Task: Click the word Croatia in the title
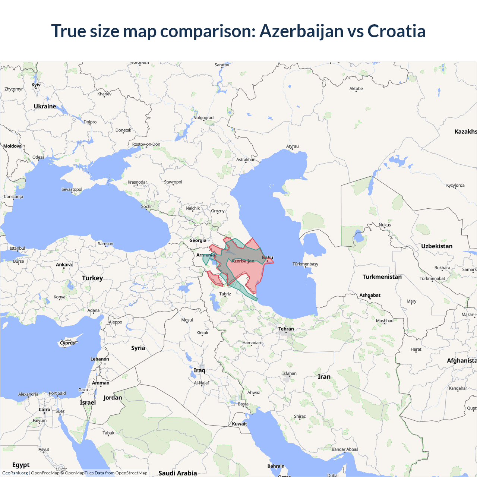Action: pyautogui.click(x=396, y=31)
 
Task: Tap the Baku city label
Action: pyautogui.click(x=268, y=258)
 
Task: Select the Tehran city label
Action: pyautogui.click(x=286, y=329)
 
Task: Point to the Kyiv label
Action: pyautogui.click(x=36, y=85)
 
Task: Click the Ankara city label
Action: pyautogui.click(x=64, y=265)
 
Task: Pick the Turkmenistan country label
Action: pyautogui.click(x=382, y=277)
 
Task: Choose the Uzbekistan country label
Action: pyautogui.click(x=437, y=246)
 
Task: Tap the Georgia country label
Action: pyautogui.click(x=198, y=240)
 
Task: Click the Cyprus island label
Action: pyautogui.click(x=67, y=343)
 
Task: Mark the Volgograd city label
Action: pyautogui.click(x=204, y=118)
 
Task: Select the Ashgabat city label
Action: pyautogui.click(x=370, y=295)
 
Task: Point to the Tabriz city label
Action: pyautogui.click(x=225, y=294)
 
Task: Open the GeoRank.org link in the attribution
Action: pyautogui.click(x=15, y=473)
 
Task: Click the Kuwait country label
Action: pyautogui.click(x=239, y=424)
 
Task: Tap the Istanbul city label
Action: pyautogui.click(x=17, y=248)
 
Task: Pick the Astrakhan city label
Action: pyautogui.click(x=246, y=159)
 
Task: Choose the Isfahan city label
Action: pyautogui.click(x=289, y=373)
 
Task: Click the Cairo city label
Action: pyautogui.click(x=44, y=410)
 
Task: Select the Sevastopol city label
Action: pyautogui.click(x=72, y=189)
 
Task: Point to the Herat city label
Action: pyautogui.click(x=416, y=349)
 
